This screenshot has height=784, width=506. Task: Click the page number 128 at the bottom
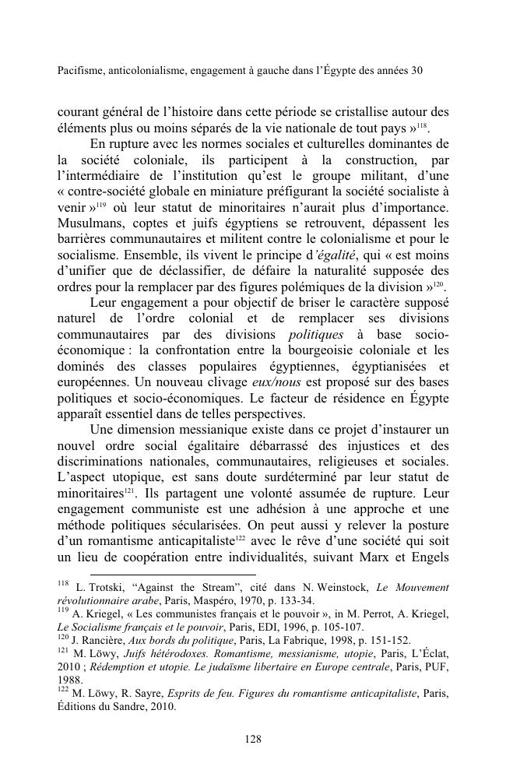[x=252, y=739]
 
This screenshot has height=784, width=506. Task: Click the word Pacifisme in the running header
[x=83, y=70]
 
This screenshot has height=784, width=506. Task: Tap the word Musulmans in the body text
[x=90, y=225]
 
